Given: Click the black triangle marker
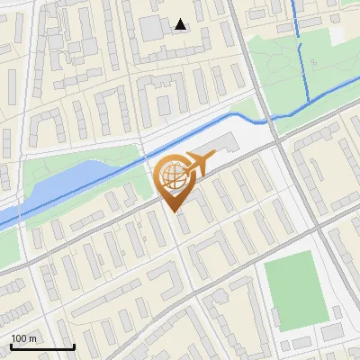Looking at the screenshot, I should click(181, 24).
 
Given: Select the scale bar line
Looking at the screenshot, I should click(42, 346).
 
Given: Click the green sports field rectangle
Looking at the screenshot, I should click(293, 283).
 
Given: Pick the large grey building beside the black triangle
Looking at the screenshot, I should click(153, 27).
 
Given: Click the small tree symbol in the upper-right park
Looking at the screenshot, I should click(314, 61).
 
